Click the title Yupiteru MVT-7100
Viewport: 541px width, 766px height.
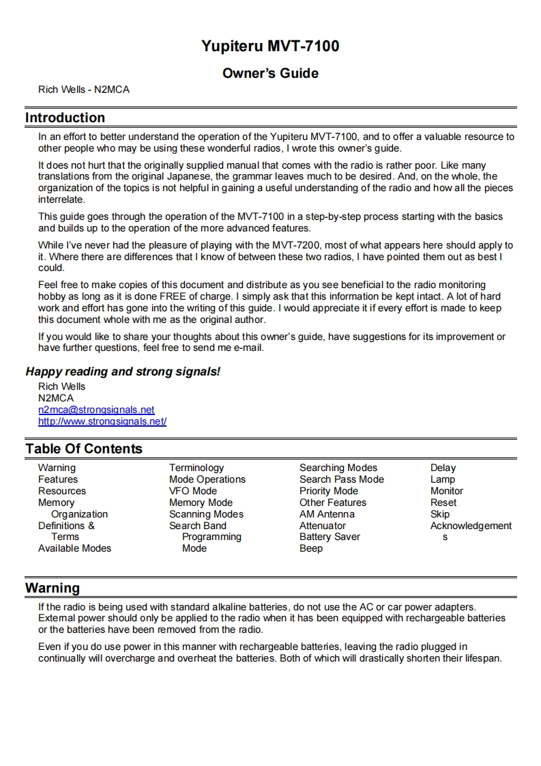[270, 46]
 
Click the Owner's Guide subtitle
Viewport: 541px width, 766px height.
[270, 73]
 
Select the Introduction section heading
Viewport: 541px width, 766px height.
[65, 117]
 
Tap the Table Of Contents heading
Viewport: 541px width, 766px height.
[84, 449]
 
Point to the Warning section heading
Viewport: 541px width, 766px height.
[53, 588]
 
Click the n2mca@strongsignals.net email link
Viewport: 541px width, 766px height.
[96, 410]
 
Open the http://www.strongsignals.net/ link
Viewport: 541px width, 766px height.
[102, 421]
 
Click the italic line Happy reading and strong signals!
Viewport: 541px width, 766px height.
[123, 372]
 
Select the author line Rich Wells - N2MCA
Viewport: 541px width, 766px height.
[84, 89]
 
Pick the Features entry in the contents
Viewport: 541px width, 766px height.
[58, 479]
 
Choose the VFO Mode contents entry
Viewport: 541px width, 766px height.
[193, 491]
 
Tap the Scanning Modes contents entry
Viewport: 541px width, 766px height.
[206, 514]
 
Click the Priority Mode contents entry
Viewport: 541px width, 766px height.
[329, 491]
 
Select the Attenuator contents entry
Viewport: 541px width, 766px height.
[323, 526]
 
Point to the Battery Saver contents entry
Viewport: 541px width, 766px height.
[330, 537]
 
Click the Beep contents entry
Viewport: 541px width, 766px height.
[311, 548]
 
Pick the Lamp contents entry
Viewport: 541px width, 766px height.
[443, 479]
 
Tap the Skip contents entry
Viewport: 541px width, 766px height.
[440, 514]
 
